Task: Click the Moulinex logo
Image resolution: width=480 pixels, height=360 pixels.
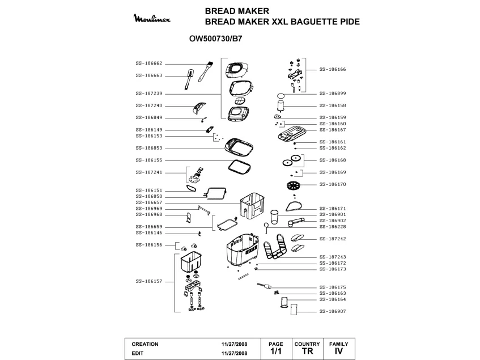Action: [152, 19]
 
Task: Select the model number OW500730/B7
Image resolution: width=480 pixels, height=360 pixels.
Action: [215, 39]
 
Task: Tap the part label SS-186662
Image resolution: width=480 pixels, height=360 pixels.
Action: [149, 63]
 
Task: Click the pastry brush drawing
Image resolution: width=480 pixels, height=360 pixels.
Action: [206, 71]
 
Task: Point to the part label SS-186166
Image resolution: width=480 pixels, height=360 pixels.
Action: [333, 69]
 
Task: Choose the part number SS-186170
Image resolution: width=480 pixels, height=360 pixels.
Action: [333, 184]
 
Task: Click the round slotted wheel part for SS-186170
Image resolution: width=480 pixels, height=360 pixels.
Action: [294, 185]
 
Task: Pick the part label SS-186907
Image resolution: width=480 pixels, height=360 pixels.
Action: [333, 311]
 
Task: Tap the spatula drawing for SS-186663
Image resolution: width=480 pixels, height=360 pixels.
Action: [189, 79]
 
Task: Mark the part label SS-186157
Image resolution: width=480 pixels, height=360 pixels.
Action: [149, 281]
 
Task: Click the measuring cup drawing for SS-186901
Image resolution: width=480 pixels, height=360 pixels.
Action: [275, 217]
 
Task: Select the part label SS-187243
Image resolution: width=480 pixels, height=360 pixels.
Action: [333, 257]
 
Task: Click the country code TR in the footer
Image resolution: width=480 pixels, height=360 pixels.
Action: [307, 351]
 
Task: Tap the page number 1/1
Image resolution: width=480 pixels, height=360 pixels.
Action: [276, 351]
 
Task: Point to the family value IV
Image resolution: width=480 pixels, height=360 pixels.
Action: [338, 351]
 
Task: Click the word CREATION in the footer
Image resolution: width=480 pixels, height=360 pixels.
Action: [145, 344]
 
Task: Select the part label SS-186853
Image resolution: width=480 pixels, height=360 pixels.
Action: [149, 148]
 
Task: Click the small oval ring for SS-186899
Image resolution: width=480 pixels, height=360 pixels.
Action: [281, 95]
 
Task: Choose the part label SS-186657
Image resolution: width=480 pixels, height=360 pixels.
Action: [149, 202]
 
